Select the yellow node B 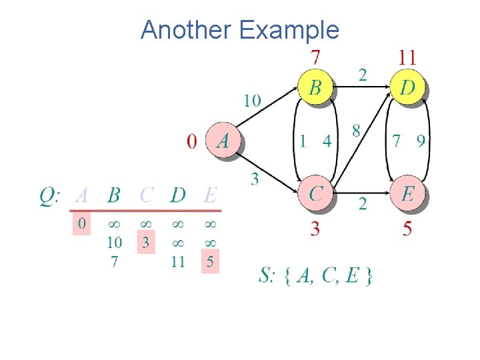click(315, 88)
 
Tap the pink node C click(316, 193)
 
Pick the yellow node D click(407, 88)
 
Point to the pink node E click(408, 193)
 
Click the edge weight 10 click(252, 101)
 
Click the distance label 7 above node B click(315, 57)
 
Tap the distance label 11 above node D click(407, 57)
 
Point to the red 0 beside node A click(192, 141)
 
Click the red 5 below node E click(407, 229)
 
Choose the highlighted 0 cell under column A click(81, 223)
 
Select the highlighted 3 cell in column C click(145, 242)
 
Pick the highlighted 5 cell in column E click(210, 261)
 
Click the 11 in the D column click(177, 261)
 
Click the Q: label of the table click(51, 196)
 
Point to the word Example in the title click(289, 30)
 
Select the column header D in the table click(177, 195)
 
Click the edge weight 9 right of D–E click(421, 141)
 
